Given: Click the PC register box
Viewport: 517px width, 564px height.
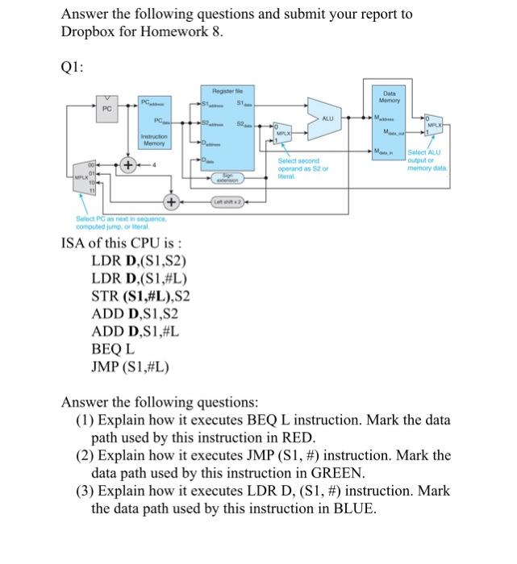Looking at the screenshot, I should pyautogui.click(x=106, y=107).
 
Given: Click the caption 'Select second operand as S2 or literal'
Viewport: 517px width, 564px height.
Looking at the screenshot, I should pyautogui.click(x=300, y=170).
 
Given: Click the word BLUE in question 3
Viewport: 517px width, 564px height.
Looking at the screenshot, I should pyautogui.click(x=328, y=508).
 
